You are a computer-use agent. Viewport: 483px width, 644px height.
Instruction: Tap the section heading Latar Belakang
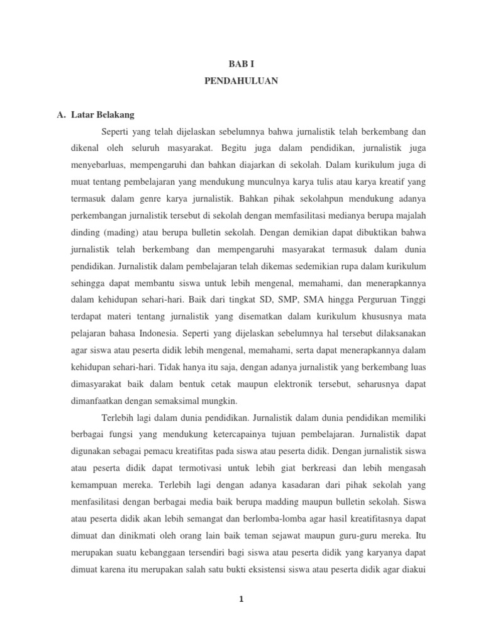pos(103,115)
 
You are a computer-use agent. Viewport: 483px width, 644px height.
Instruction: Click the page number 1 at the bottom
pos(241,599)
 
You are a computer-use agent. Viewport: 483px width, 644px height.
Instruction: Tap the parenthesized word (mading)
pos(119,231)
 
